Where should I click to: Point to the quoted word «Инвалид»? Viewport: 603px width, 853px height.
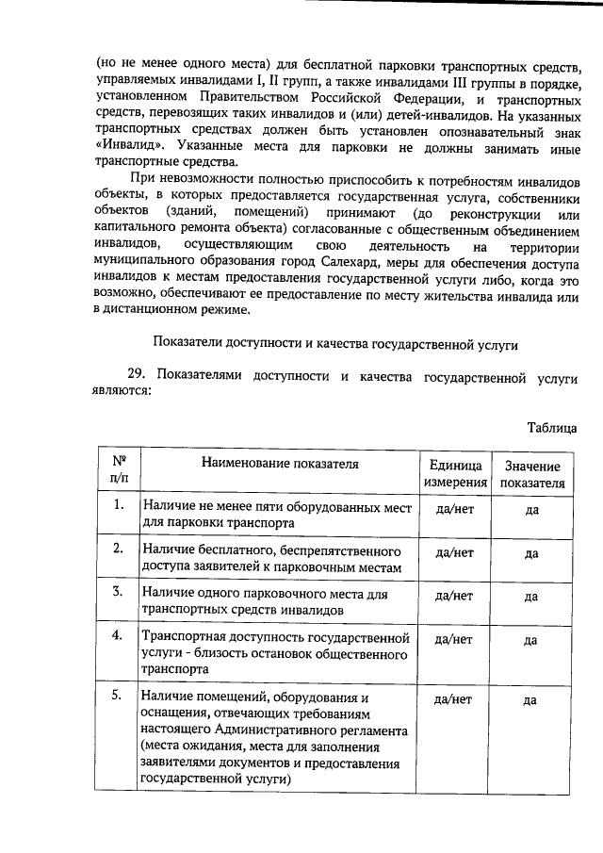pyautogui.click(x=129, y=149)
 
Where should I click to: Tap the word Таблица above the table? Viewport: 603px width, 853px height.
pyautogui.click(x=551, y=429)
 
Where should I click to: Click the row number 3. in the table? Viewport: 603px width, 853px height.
pyautogui.click(x=119, y=592)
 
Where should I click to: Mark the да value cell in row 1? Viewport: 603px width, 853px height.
pyautogui.click(x=531, y=510)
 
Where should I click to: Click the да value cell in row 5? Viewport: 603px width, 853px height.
pyautogui.click(x=531, y=700)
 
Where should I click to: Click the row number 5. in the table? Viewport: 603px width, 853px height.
pyautogui.click(x=119, y=696)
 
